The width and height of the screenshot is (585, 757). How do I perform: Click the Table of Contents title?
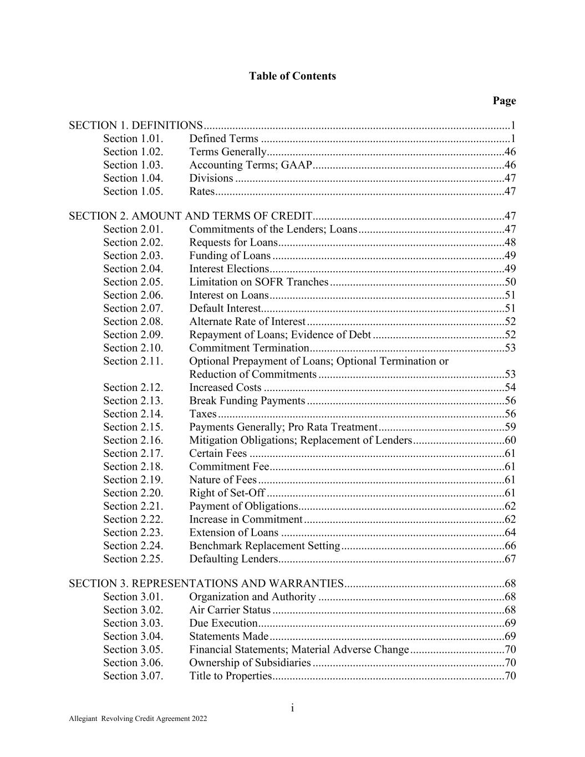[x=292, y=76]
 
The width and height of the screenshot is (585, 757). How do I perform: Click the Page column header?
[x=503, y=100]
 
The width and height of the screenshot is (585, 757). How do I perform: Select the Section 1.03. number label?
[x=133, y=165]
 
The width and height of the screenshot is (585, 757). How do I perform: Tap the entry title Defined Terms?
[x=223, y=139]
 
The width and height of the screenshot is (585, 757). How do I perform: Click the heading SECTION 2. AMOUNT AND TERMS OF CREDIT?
[x=190, y=216]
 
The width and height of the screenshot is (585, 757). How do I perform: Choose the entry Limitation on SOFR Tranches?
[x=258, y=282]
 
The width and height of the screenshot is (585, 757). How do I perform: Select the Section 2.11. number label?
[x=133, y=361]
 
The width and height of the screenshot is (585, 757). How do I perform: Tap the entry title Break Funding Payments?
[x=247, y=400]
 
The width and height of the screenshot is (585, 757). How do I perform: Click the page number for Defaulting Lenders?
[x=510, y=558]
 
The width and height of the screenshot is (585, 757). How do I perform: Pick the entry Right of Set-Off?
[x=227, y=493]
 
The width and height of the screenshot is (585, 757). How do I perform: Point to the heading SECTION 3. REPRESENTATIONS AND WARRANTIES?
[x=206, y=583]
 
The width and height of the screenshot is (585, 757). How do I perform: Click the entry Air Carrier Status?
[x=230, y=610]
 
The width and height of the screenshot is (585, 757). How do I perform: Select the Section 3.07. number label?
[x=133, y=675]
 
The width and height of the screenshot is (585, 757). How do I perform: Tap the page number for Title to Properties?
[x=510, y=675]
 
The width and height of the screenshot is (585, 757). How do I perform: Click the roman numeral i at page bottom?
[x=292, y=708]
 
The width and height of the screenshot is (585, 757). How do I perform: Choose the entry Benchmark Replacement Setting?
[x=264, y=546]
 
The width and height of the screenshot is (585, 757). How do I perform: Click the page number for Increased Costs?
[x=510, y=387]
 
